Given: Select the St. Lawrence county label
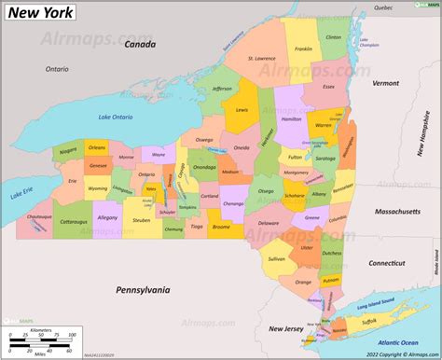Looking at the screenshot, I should pos(262,60).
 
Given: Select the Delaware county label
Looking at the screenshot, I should pos(269,224).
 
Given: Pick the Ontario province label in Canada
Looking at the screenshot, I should pos(57,68).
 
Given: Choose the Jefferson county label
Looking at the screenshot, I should pos(222,89).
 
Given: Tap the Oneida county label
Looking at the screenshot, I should pos(242,147).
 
